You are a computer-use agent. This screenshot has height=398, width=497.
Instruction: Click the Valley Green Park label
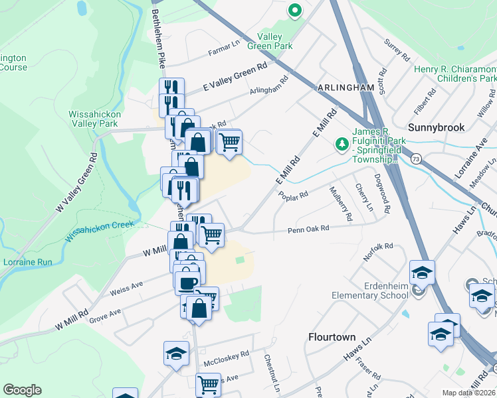click(x=270, y=41)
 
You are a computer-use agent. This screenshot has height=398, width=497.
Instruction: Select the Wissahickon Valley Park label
click(x=93, y=119)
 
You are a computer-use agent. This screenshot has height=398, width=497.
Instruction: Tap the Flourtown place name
click(x=332, y=337)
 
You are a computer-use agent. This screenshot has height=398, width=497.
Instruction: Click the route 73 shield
click(x=416, y=159)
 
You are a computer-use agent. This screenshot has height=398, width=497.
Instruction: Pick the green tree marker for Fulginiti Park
click(x=342, y=143)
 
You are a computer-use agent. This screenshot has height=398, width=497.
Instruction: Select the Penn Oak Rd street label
click(x=308, y=230)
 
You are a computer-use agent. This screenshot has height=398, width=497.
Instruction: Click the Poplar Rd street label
click(x=294, y=196)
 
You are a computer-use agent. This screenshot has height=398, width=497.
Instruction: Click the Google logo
click(x=22, y=390)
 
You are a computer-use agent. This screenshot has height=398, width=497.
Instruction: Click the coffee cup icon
click(x=187, y=282)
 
